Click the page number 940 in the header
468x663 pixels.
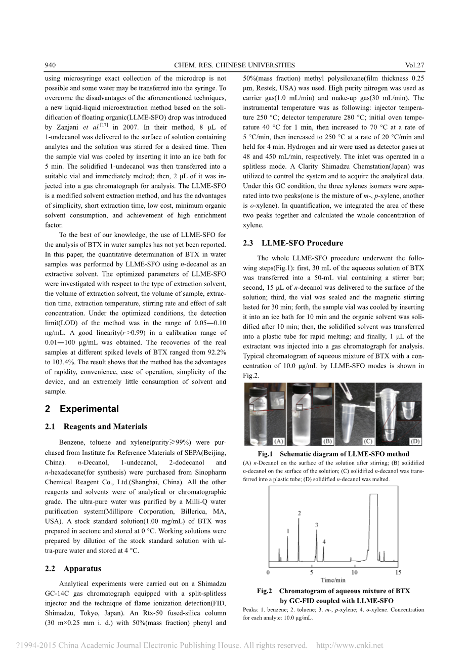coord(50,65)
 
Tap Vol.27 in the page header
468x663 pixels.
coord(414,65)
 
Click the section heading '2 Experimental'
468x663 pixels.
coord(82,409)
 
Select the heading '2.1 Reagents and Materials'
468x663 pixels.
coord(96,426)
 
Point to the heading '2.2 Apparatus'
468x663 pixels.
coord(73,569)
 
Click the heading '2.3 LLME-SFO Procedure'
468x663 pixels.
coord(292,243)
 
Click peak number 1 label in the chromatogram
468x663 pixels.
coord(288,531)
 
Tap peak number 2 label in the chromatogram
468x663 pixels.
coord(299,514)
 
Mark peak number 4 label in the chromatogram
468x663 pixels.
coord(324,542)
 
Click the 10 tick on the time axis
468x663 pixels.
coord(354,572)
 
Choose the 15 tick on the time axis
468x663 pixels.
coord(398,572)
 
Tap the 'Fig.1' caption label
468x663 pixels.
coord(265,454)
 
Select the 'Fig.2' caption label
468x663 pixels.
coord(265,591)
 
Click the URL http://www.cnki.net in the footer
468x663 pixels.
coord(349,645)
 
